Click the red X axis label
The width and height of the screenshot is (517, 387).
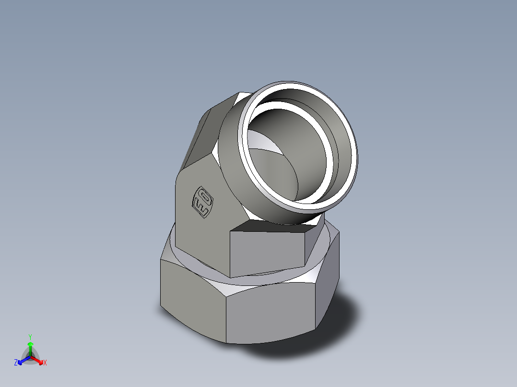coord(45,363)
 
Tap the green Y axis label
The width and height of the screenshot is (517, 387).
coord(30,337)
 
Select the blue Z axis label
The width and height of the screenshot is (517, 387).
coord(16,363)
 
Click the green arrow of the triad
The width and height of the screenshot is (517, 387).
coord(30,346)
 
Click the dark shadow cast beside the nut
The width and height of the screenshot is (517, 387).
coord(336,330)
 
